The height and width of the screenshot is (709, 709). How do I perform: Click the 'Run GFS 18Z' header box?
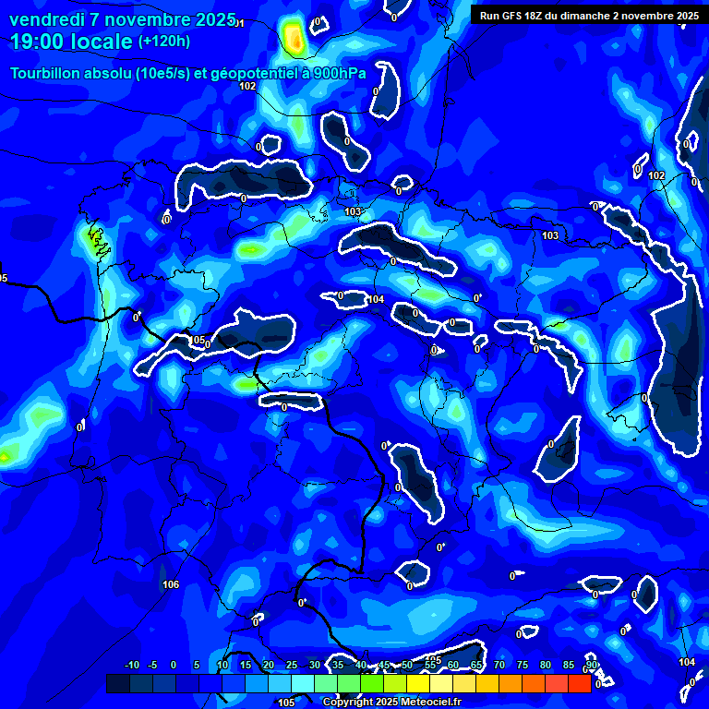tap(587, 15)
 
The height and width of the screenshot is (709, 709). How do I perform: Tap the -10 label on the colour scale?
tap(131, 666)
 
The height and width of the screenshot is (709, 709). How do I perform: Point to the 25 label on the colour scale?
tap(291, 666)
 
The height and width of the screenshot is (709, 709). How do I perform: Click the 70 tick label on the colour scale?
tap(499, 666)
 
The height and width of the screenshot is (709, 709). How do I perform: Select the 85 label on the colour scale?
tap(568, 666)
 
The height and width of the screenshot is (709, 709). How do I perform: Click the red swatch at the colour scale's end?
tap(579, 684)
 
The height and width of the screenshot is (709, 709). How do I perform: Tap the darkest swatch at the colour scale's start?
tap(117, 684)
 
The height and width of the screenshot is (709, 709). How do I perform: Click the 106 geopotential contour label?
tap(171, 584)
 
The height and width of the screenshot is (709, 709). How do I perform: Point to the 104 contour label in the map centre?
tap(376, 299)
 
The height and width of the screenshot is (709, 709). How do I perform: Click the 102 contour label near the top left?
tap(247, 86)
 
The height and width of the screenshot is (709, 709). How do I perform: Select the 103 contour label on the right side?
tap(550, 235)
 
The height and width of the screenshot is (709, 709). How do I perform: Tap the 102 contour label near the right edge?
tap(656, 175)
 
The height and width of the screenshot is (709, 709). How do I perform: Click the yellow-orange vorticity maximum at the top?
tap(294, 39)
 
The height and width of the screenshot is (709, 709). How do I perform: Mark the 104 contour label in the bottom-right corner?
tap(687, 662)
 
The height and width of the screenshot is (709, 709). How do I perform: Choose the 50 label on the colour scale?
tap(406, 666)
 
